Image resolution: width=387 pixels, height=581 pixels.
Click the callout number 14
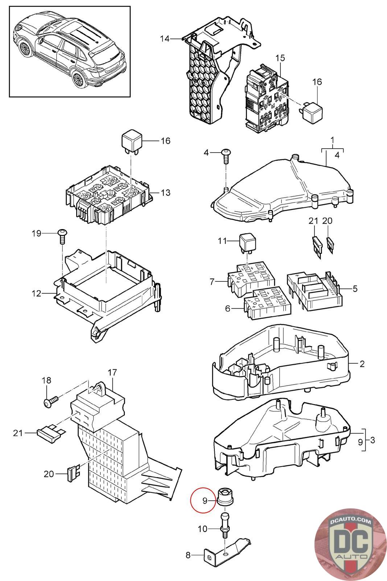[x=165, y=38]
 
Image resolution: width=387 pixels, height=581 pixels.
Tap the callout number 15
[x=280, y=58]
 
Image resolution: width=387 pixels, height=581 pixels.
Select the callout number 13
[x=165, y=192]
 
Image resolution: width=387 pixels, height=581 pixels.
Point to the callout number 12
[x=37, y=293]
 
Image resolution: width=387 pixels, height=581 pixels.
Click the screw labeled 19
[x=62, y=236]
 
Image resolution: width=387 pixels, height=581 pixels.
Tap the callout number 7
[x=212, y=281]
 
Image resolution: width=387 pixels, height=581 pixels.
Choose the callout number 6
[x=227, y=308]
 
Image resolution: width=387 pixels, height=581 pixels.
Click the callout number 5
[x=355, y=288]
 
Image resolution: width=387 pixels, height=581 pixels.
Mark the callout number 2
[x=362, y=364]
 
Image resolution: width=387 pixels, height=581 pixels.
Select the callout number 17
[x=112, y=373]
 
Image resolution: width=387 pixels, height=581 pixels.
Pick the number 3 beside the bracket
[x=372, y=440]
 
